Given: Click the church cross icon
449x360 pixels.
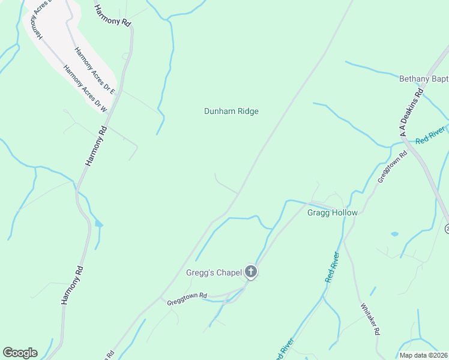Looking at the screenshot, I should [251, 273].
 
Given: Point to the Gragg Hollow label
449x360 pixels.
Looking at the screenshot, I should [332, 213].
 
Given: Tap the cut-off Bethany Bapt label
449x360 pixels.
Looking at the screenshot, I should [424, 79].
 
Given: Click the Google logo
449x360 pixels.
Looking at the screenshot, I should [20, 353].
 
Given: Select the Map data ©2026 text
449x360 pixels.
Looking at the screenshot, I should [423, 355].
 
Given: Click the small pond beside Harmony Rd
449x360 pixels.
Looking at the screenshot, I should [98, 225].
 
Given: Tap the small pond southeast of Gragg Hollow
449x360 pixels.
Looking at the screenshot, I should [394, 233].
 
